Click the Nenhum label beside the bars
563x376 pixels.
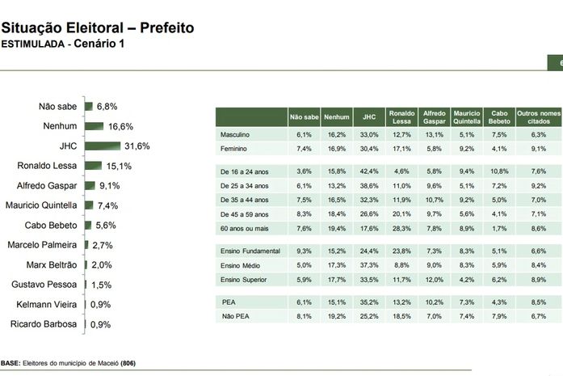point(59,126)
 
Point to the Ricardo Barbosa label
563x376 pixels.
point(44,324)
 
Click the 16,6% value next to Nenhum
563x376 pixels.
point(120,127)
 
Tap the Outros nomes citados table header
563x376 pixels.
point(537,116)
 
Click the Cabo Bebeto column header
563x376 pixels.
point(500,116)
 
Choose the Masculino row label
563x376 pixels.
point(234,133)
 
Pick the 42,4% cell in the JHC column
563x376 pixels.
point(368,171)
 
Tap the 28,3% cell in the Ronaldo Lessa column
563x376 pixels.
point(401,229)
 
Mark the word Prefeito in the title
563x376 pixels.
point(166,28)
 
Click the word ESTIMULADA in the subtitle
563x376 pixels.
point(32,44)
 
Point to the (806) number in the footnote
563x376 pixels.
point(128,364)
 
